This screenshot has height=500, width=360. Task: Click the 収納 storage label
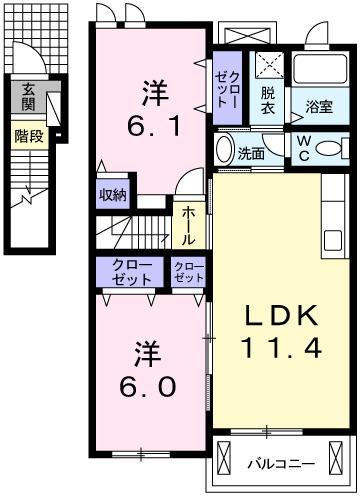point(112,195)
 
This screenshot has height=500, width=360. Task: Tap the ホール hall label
point(187,225)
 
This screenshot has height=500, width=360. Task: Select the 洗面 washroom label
point(250,153)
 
